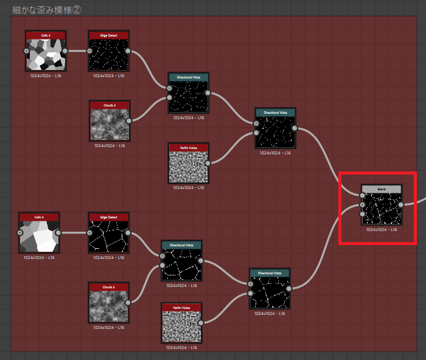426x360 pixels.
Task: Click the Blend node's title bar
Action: pyautogui.click(x=382, y=189)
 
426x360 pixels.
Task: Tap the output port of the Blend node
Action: pyautogui.click(x=400, y=204)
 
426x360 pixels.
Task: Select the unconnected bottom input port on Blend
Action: pyautogui.click(x=363, y=213)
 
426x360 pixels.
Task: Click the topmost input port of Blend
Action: pyautogui.click(x=363, y=195)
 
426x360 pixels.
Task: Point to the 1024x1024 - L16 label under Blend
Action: pyautogui.click(x=382, y=230)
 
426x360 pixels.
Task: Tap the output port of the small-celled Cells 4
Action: pyautogui.click(x=65, y=50)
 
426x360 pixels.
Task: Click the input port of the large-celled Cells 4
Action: pyautogui.click(x=19, y=232)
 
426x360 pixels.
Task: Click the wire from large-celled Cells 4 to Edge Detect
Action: pyautogui.click(x=74, y=232)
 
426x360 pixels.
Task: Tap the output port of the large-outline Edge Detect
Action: pyautogui.click(x=129, y=232)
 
